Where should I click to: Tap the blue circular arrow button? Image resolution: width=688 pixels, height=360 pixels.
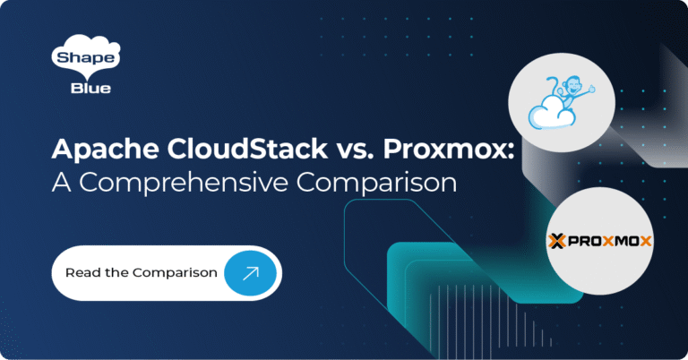pyautogui.click(x=250, y=271)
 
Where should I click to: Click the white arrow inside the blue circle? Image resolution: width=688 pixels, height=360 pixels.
pyautogui.click(x=250, y=271)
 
